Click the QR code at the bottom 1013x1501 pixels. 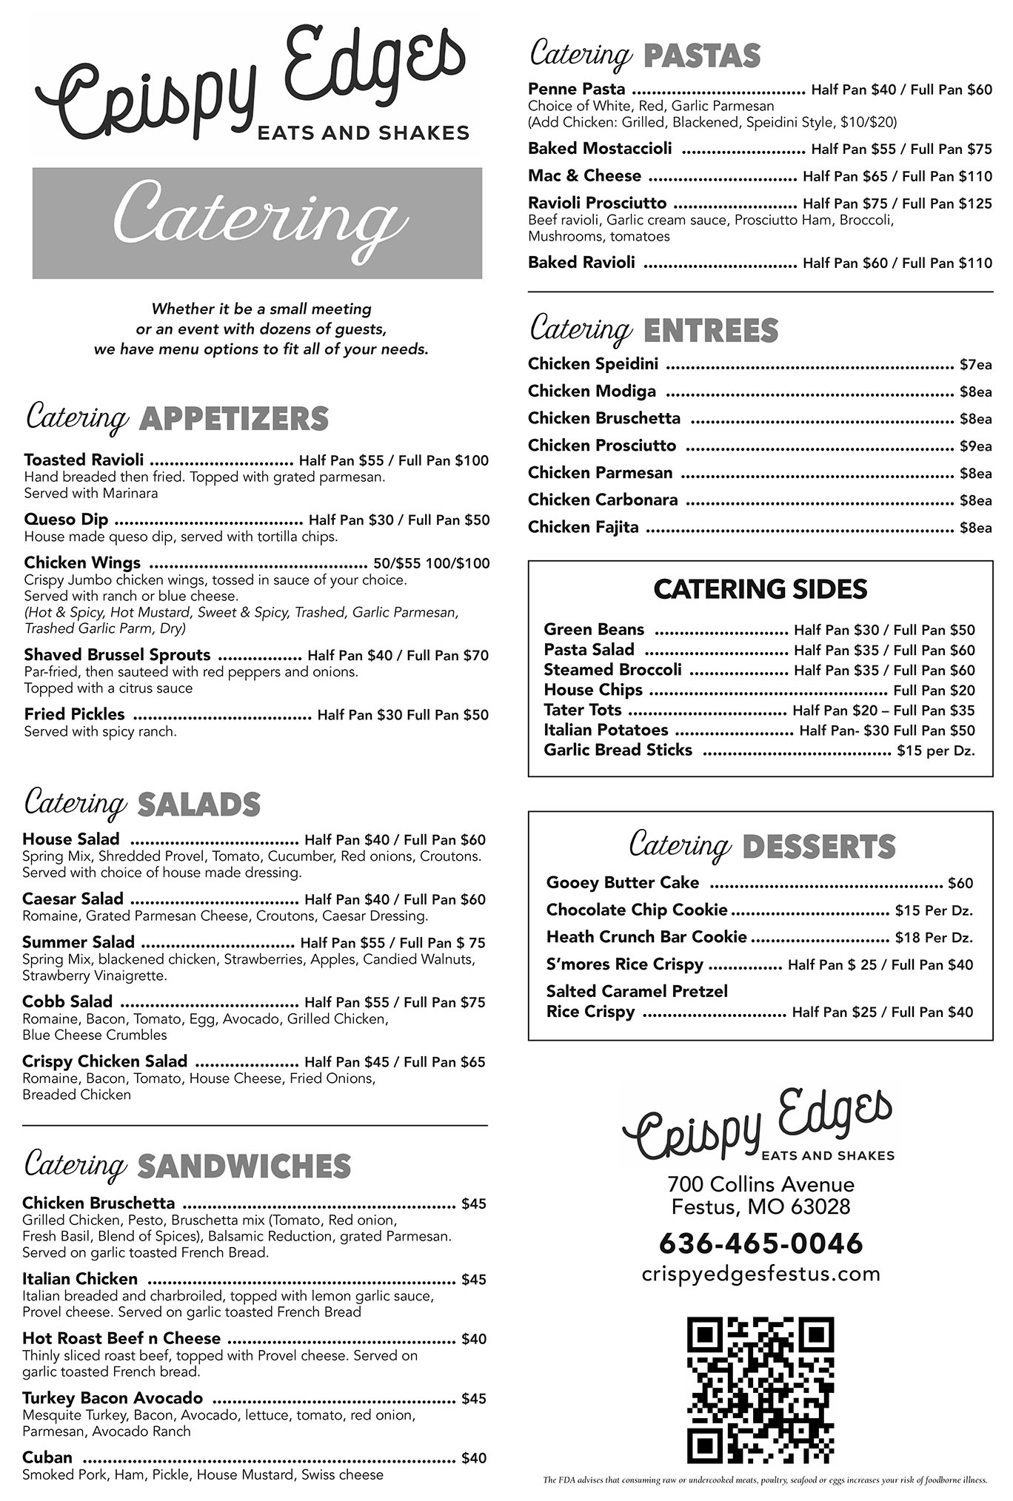click(x=760, y=1391)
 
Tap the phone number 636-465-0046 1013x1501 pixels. click(x=760, y=1243)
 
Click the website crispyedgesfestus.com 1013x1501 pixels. click(x=760, y=1275)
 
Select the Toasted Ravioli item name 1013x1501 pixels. click(x=84, y=460)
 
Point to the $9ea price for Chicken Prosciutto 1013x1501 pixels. click(x=975, y=446)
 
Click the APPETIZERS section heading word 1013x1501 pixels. click(x=233, y=419)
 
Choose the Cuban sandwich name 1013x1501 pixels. click(x=47, y=1458)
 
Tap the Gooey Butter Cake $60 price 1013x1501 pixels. click(x=960, y=884)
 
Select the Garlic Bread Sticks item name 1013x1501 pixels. click(x=618, y=750)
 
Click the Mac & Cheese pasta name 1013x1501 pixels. click(x=584, y=176)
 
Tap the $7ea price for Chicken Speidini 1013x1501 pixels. click(x=975, y=365)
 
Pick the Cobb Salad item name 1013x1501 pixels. click(x=67, y=1002)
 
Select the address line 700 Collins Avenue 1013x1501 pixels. click(x=760, y=1185)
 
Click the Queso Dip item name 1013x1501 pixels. click(x=66, y=520)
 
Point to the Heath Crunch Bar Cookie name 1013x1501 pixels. click(x=646, y=938)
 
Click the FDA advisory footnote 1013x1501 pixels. click(x=765, y=1480)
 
